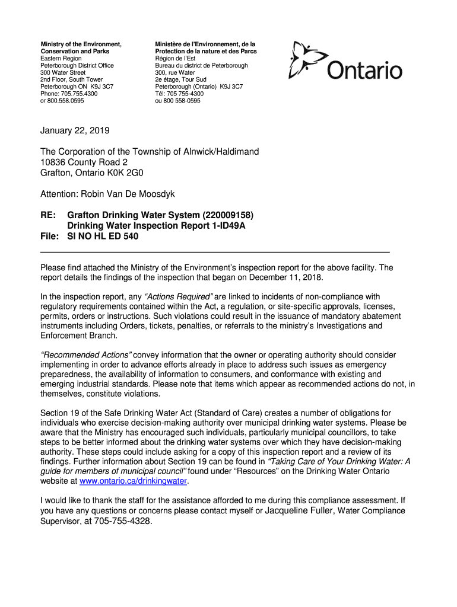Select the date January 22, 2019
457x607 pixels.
pos(75,130)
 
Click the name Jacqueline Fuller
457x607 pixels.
pos(300,510)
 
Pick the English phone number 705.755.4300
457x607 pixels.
pos(78,94)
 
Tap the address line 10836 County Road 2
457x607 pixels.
pos(84,162)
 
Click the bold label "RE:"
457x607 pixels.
pos(49,215)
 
